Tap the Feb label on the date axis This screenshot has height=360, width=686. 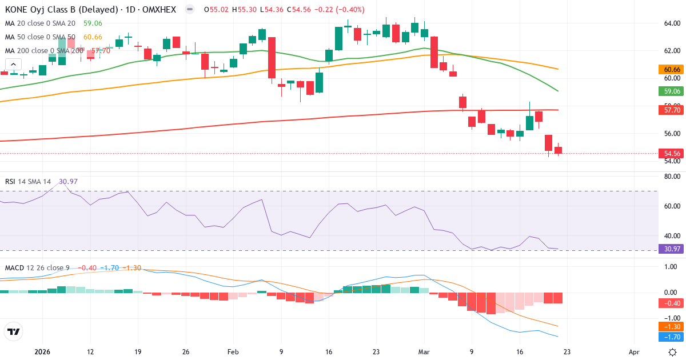pos(233,352)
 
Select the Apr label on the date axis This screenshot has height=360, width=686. pos(633,352)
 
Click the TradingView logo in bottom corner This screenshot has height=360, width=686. pos(13,331)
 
